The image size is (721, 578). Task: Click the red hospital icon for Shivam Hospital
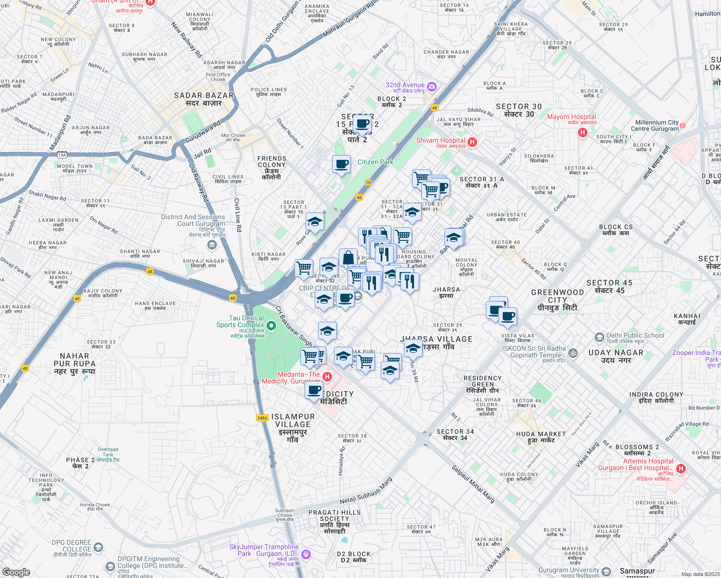(472, 142)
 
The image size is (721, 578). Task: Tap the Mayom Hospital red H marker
(582, 132)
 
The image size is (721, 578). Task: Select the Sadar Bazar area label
(204, 99)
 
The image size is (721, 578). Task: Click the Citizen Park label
(375, 162)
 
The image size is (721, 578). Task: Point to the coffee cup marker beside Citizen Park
(342, 164)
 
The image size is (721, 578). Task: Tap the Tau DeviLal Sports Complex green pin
(271, 326)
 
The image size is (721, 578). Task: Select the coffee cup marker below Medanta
(314, 390)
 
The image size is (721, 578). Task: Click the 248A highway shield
(262, 418)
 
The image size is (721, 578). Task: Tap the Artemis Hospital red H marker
(681, 468)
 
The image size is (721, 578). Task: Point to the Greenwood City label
(558, 300)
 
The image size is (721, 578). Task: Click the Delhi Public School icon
(599, 337)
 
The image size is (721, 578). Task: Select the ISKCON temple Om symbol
(573, 353)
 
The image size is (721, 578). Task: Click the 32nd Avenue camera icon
(432, 87)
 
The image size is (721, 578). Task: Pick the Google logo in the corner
(16, 572)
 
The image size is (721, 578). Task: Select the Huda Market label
(541, 437)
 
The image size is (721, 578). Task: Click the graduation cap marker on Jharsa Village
(413, 348)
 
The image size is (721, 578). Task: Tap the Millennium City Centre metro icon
(682, 126)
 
